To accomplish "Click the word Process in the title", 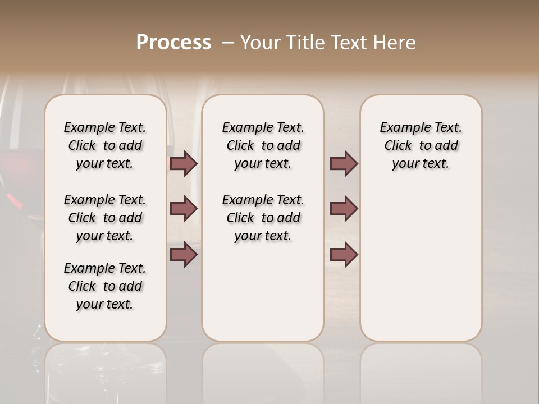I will point(173,43).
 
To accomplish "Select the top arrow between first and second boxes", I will point(184,164).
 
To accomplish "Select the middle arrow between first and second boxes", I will point(184,209).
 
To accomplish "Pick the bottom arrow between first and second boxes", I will point(184,254).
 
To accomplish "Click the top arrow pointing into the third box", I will point(344,164).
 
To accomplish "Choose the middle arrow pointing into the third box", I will point(344,209).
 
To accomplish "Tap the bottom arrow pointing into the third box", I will point(344,254).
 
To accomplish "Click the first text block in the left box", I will point(105,145).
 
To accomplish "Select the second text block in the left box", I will point(105,218).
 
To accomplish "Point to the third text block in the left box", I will point(105,286).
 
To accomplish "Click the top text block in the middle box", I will point(263,145).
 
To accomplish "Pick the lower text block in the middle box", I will point(263,218).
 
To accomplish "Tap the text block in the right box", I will point(421,145).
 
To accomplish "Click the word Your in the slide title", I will point(260,43).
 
